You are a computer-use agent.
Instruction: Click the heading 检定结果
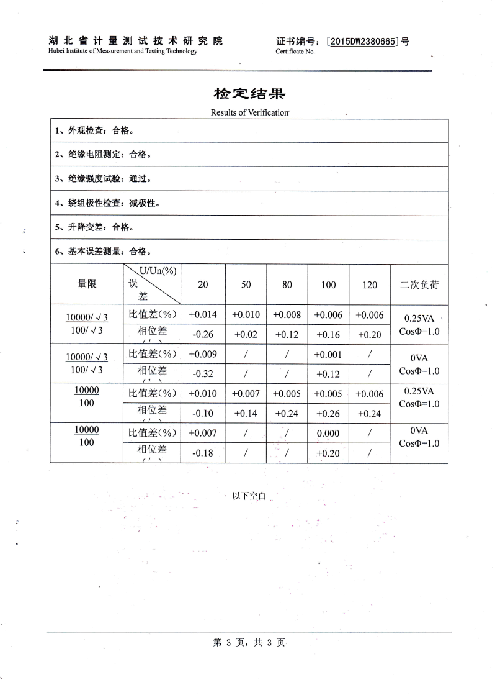[249, 94]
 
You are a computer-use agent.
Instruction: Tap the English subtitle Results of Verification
[249, 112]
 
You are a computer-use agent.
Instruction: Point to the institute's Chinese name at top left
[135, 42]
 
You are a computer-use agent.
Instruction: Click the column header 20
[203, 285]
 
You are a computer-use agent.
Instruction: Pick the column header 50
[246, 285]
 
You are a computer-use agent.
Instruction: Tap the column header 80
[287, 285]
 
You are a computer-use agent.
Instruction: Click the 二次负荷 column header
[419, 285]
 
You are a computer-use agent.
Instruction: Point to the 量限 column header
[87, 285]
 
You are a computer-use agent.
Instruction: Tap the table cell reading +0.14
[246, 412]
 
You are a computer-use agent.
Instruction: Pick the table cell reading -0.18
[203, 453]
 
